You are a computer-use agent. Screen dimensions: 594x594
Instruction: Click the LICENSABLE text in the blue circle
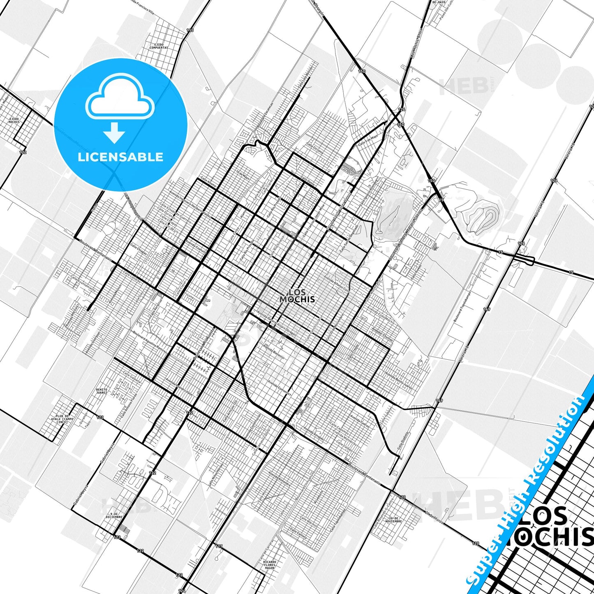point(121,157)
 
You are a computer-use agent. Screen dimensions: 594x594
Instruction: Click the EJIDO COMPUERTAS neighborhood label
point(159,46)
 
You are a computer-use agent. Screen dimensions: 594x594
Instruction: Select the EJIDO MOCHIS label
point(14,120)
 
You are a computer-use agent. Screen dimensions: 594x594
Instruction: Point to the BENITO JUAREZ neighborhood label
point(102,391)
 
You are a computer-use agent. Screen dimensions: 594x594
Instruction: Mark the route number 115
point(190,30)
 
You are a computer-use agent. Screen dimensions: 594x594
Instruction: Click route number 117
point(219,546)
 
